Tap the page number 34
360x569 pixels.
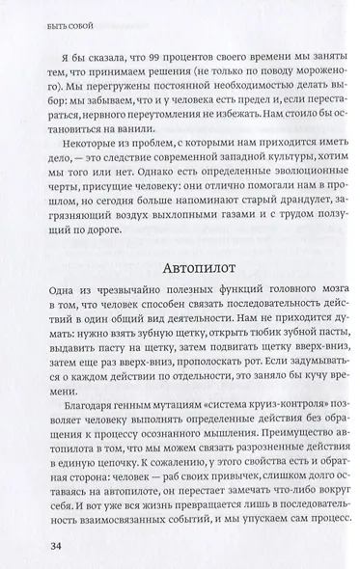[42, 548]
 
